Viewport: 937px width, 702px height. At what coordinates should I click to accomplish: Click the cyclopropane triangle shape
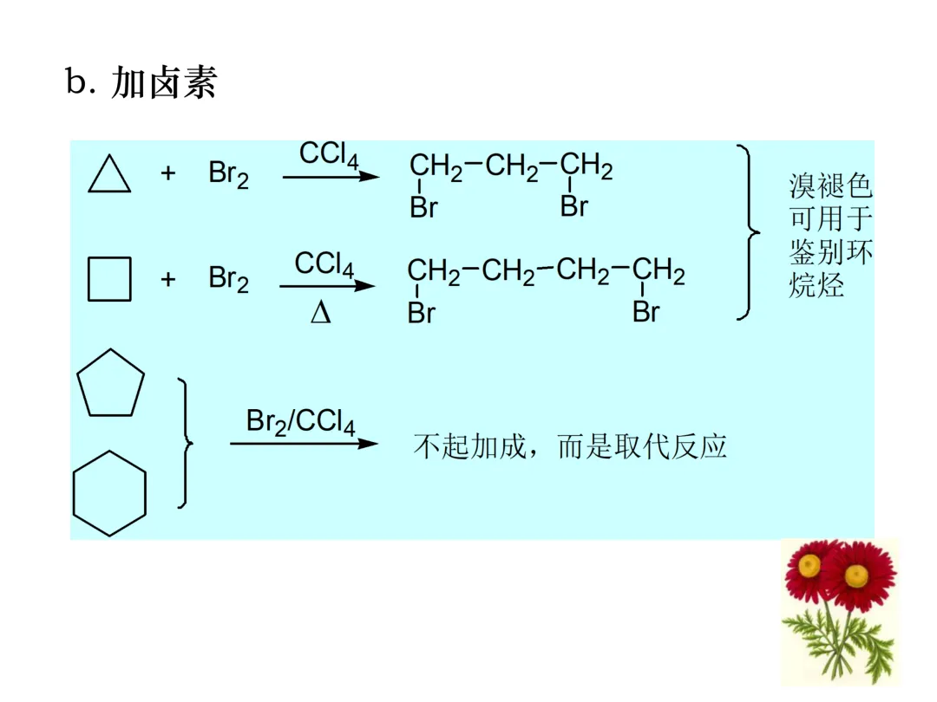(109, 176)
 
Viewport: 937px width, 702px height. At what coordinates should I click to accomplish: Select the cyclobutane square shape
(110, 278)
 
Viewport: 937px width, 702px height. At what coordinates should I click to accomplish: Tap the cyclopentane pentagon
(110, 384)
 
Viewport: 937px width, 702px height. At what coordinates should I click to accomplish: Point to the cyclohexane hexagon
(109, 493)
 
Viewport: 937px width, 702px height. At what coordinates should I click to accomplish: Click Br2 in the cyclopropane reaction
(228, 173)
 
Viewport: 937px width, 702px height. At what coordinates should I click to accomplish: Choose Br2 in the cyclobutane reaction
(228, 279)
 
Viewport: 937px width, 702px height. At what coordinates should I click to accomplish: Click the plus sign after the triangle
(167, 173)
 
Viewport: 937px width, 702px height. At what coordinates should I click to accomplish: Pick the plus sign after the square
(167, 279)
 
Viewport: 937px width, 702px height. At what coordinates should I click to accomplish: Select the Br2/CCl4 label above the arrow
(300, 422)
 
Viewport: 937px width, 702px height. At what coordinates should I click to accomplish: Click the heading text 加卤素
(164, 83)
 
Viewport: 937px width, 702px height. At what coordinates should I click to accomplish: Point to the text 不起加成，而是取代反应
(569, 445)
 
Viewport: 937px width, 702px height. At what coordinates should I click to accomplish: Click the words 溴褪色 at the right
(830, 186)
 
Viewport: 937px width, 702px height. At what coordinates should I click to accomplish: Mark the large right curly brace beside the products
(748, 232)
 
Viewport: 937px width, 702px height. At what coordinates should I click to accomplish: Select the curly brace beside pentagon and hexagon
(184, 443)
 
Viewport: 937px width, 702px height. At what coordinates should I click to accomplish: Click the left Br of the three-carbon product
(423, 208)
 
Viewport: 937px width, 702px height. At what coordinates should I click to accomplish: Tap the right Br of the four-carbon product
(646, 312)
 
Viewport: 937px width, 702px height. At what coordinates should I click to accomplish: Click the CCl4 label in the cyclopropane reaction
(329, 155)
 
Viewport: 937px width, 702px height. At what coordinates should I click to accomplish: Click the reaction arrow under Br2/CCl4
(304, 444)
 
